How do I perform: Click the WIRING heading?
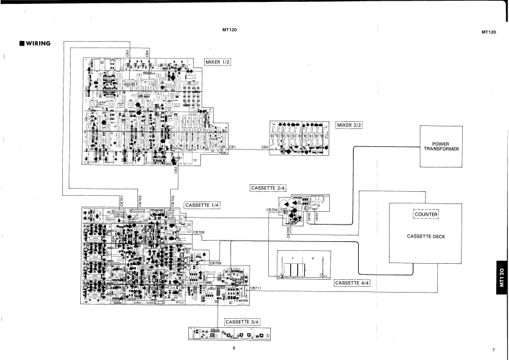37,43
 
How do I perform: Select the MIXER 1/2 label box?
218,62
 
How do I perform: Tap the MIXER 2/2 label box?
349,125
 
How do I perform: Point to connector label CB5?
264,148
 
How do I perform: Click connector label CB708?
199,232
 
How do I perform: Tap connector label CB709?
215,263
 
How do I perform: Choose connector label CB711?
255,289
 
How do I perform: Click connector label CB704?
272,209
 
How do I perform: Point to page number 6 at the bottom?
235,348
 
